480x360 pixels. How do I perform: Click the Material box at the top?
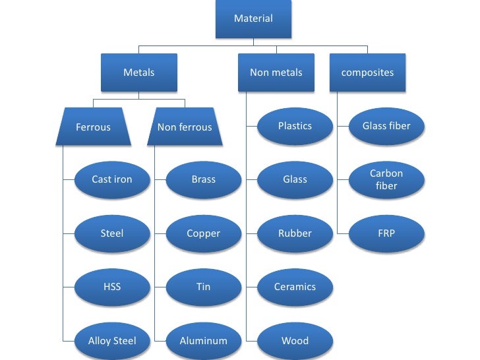tap(253, 18)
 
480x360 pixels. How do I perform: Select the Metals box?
tap(138, 73)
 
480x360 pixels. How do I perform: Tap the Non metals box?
tap(276, 73)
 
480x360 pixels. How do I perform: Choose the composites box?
tap(367, 73)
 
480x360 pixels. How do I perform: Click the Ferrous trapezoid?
tap(93, 127)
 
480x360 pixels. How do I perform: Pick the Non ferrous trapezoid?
tap(185, 127)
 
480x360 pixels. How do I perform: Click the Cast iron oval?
tap(112, 179)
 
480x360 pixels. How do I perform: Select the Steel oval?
tap(112, 233)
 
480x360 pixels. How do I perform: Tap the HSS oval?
tap(112, 287)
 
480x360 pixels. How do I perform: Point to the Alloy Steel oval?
tap(112, 341)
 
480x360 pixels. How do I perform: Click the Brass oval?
tap(203, 179)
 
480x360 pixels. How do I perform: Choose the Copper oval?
tap(203, 233)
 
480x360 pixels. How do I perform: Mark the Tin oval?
tap(203, 287)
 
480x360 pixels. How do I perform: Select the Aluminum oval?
tap(203, 341)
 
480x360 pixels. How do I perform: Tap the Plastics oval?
tap(295, 126)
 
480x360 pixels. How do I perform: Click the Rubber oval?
tap(295, 233)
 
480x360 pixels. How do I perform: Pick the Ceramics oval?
tap(295, 287)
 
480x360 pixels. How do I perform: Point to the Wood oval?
tap(295, 341)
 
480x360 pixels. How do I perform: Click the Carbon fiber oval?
tap(386, 179)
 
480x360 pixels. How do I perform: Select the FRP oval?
tap(386, 233)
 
